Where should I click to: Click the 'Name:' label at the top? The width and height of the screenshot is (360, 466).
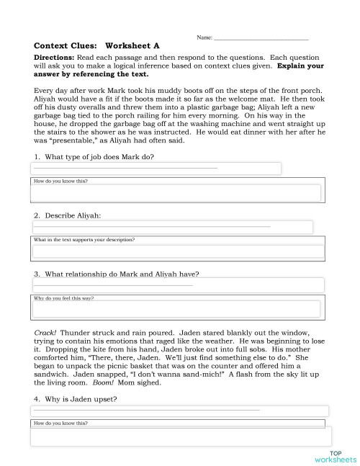click(x=204, y=36)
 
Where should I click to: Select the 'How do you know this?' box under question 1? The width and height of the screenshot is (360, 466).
click(x=176, y=192)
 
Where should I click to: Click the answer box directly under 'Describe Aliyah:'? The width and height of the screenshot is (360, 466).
click(x=173, y=228)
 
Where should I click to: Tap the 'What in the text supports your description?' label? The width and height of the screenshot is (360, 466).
click(x=85, y=239)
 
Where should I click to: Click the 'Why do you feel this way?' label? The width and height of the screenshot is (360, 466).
click(x=64, y=297)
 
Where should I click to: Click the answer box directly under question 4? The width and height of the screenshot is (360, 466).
click(x=180, y=411)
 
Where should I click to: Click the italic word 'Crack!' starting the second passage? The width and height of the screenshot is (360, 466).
click(x=45, y=333)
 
